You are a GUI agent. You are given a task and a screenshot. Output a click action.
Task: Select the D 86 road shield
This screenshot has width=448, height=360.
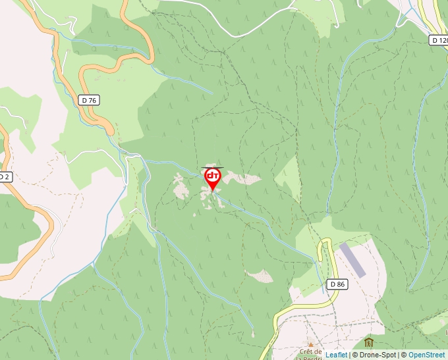tap(337, 284)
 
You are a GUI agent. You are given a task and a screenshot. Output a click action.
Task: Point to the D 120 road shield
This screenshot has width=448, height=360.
tap(439, 40)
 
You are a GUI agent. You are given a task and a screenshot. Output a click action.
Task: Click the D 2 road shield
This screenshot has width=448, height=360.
tap(4, 177)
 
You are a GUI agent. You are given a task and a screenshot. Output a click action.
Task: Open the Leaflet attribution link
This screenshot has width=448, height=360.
tap(336, 355)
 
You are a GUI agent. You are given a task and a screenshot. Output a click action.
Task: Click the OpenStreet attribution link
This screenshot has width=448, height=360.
tap(426, 355)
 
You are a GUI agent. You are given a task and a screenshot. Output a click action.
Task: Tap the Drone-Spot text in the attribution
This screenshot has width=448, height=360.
tap(378, 355)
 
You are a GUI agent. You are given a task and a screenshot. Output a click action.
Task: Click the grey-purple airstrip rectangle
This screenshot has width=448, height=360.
tap(352, 259)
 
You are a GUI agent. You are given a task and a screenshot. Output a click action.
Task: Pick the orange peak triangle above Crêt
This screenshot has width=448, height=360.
tap(310, 344)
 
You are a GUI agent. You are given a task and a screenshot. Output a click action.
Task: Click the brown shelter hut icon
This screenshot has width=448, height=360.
tap(368, 342)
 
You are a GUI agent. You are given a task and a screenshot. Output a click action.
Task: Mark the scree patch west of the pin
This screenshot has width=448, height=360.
tap(179, 186)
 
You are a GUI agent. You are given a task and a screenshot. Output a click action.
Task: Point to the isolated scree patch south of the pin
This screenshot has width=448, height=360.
tap(260, 276)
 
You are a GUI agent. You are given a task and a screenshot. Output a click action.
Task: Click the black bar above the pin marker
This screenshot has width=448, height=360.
tap(212, 167)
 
